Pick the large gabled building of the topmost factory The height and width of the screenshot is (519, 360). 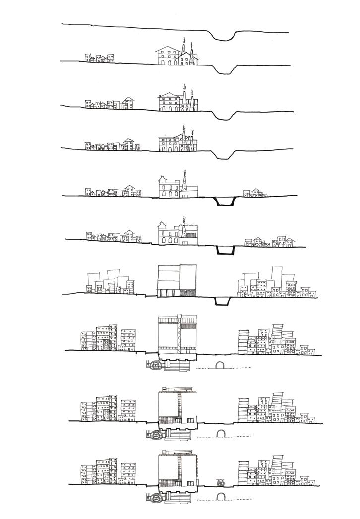coord(168,55)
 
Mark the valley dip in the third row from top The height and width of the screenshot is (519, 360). coord(223,115)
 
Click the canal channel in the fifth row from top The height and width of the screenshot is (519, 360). coord(223,202)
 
